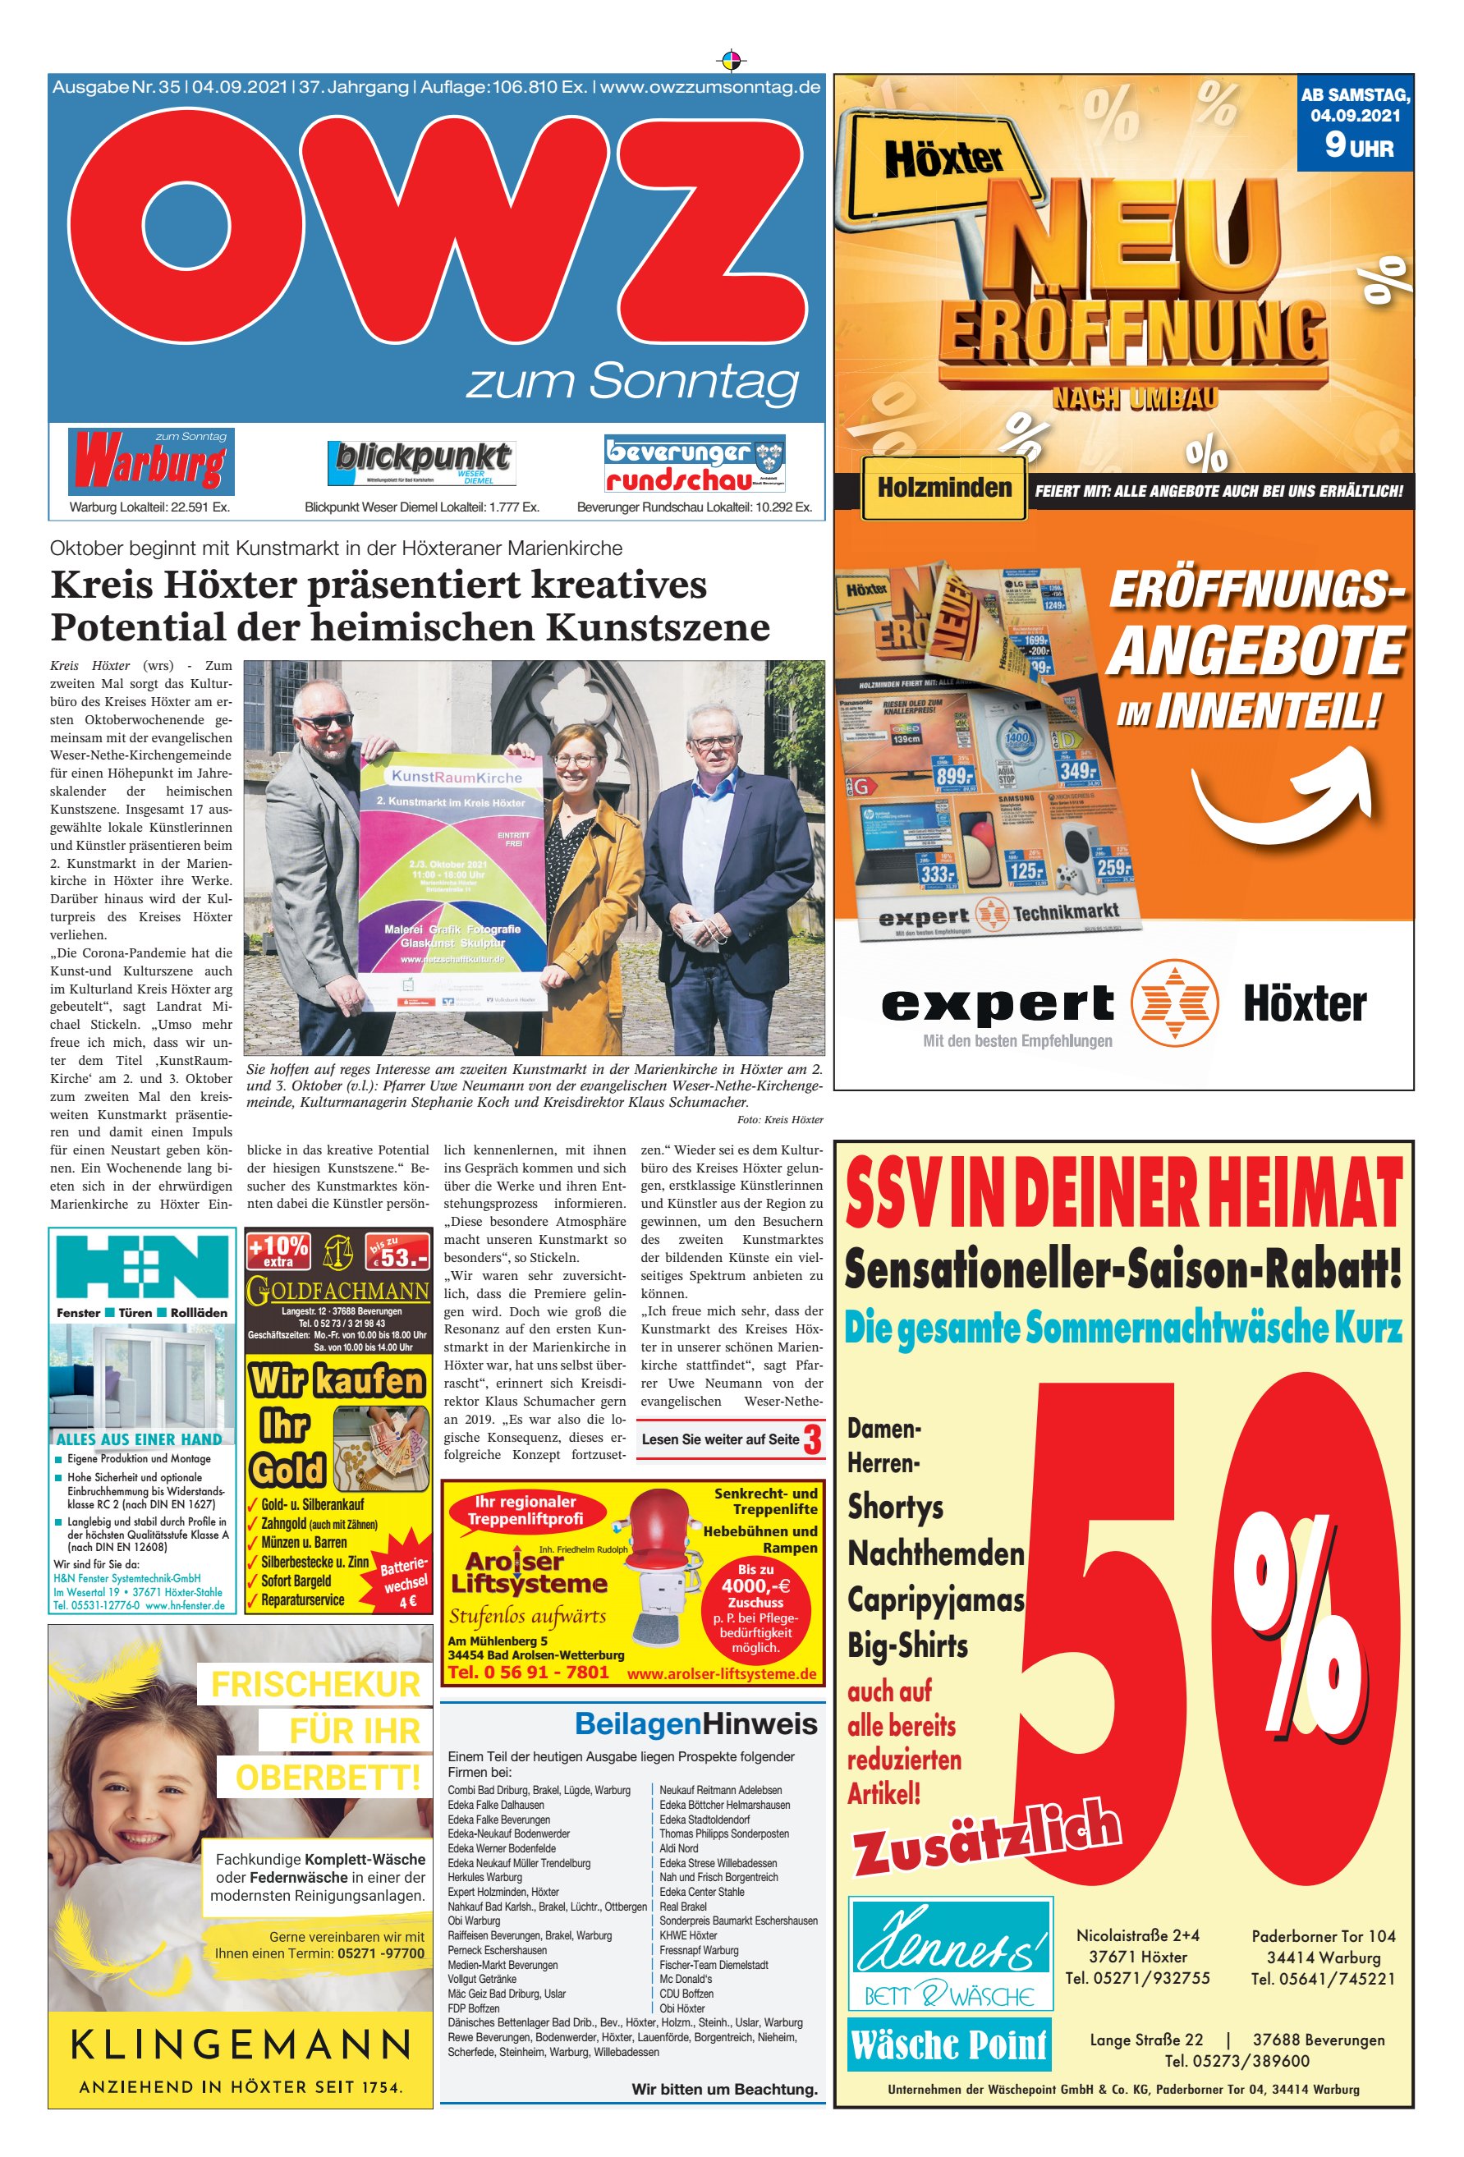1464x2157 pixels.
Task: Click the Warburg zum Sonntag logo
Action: pos(150,461)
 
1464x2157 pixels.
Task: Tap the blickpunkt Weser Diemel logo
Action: pos(421,462)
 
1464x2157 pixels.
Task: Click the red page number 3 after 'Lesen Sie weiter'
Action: pos(811,1439)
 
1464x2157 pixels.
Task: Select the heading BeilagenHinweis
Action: pos(695,1723)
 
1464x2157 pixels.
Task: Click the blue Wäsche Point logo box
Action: pos(949,2044)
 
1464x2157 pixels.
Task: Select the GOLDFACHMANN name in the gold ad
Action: pos(338,1290)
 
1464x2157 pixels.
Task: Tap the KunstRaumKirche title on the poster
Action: pos(456,777)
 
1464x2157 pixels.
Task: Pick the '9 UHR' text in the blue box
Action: pos(1358,145)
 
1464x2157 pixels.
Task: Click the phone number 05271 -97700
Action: pos(381,1953)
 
